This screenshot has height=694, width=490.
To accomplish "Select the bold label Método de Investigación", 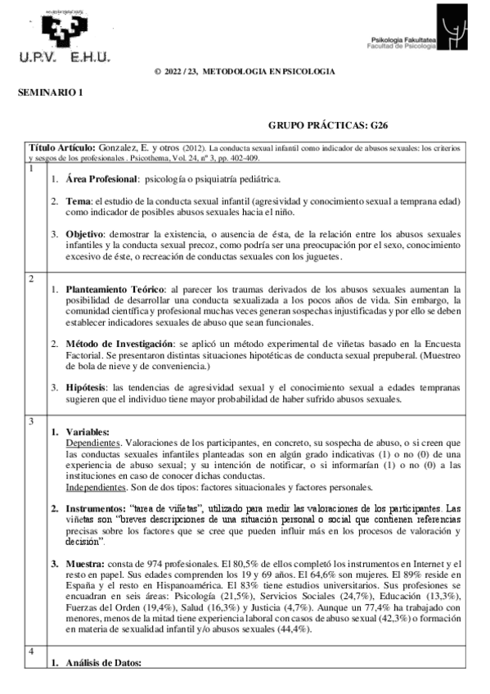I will [120, 343].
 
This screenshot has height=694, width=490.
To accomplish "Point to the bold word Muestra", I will [84, 563].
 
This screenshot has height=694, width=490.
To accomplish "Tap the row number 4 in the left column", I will [32, 651].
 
